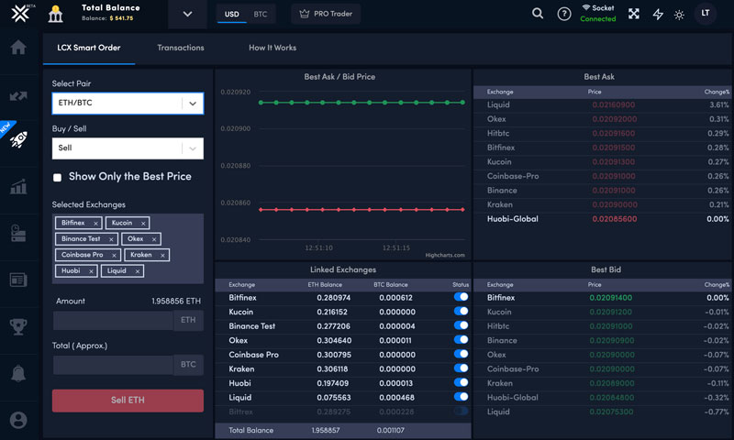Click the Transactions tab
pos(181,48)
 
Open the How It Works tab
pos(272,48)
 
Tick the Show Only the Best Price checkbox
pos(58,177)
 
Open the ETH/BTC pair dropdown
pos(192,104)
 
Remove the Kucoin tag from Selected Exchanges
pos(142,223)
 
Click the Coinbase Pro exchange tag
pos(82,254)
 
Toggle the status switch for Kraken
pos(461,368)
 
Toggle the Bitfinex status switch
pos(461,297)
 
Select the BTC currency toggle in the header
pos(261,15)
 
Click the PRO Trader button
pos(326,15)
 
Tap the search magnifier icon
pos(538,14)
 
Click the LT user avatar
pos(705,14)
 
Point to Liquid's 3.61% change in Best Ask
pos(718,105)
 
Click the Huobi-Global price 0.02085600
pos(614,219)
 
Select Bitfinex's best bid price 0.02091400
pos(614,298)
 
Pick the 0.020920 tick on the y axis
pos(236,93)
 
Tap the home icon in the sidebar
pos(18,48)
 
